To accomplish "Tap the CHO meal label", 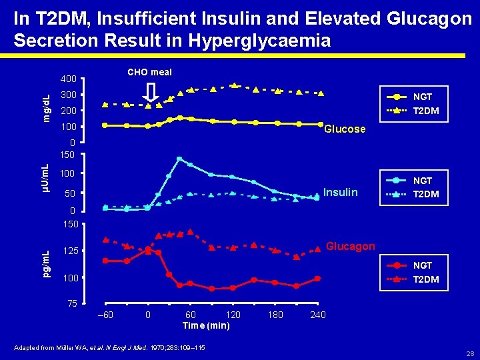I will pos(149,72).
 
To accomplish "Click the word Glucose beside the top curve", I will pos(345,129).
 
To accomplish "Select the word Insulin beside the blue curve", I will pos(340,193).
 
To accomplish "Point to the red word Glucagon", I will pos(350,246).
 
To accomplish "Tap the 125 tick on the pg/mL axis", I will pos(70,251).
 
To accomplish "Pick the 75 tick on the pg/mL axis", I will pos(73,304).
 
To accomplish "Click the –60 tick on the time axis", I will pos(105,315).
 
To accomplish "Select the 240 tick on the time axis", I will pos(318,315).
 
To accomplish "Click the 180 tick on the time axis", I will pos(275,315).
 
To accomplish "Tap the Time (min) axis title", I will pos(206,325).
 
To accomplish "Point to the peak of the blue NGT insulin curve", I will pos(179,159).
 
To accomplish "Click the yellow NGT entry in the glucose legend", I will pos(423,97).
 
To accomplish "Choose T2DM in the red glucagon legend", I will pos(426,279).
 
